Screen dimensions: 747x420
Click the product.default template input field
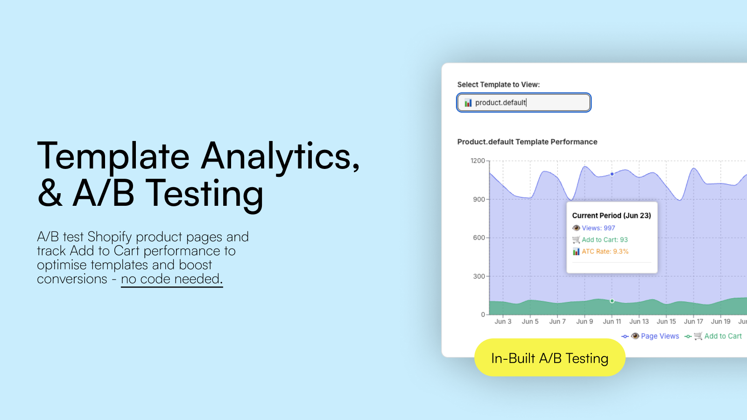(x=523, y=102)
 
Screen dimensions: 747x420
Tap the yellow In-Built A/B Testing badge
(x=550, y=357)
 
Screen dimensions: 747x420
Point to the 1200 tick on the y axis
(x=478, y=161)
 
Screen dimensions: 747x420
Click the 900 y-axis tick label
(x=479, y=199)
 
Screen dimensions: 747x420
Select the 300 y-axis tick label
(x=479, y=276)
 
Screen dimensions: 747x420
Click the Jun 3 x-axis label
(x=503, y=322)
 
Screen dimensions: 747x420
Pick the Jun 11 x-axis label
(x=612, y=322)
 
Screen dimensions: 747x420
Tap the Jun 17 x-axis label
(x=694, y=322)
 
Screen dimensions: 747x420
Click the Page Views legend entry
(x=650, y=336)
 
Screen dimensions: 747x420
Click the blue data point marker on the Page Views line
(x=612, y=174)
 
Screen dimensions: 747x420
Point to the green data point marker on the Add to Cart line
(x=612, y=301)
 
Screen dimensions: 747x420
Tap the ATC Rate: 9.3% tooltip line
(x=600, y=252)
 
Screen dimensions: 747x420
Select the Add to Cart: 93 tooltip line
(x=600, y=240)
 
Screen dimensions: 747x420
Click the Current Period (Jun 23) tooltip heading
(x=612, y=216)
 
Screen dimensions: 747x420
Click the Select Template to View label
(x=498, y=84)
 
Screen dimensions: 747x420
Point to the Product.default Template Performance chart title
(x=527, y=142)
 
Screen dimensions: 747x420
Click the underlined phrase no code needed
(x=172, y=279)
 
